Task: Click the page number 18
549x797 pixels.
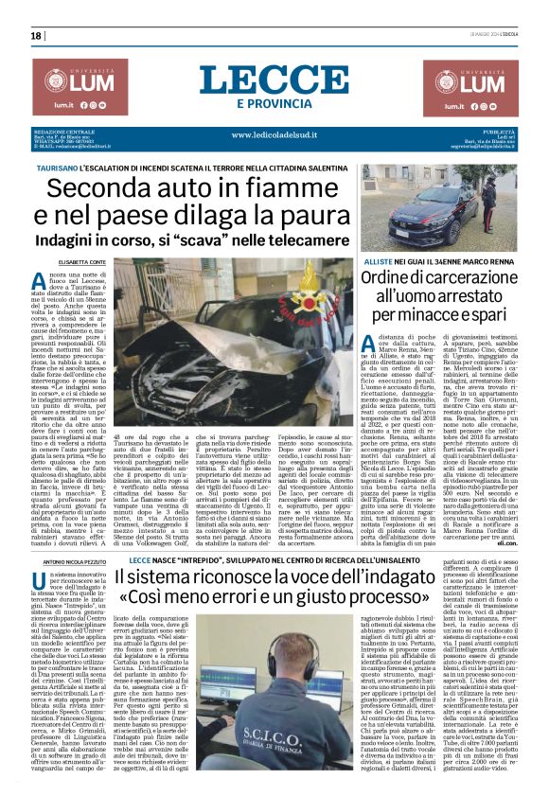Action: point(36,37)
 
